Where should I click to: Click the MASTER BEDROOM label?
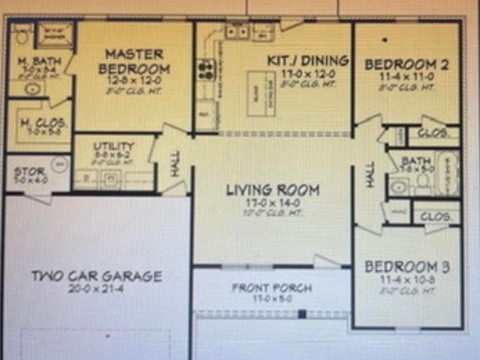click(x=134, y=61)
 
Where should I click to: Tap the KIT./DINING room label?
click(x=307, y=61)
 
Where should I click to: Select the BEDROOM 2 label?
click(x=406, y=64)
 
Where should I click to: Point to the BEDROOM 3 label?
click(x=407, y=266)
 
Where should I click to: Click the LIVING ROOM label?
click(x=272, y=190)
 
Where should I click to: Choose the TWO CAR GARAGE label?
click(x=96, y=276)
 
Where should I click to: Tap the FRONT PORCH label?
click(x=272, y=288)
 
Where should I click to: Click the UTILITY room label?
click(x=113, y=146)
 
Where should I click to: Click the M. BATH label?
click(x=39, y=61)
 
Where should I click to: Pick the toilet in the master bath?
click(x=22, y=36)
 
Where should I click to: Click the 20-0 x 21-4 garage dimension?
click(x=96, y=288)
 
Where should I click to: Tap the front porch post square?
click(x=301, y=314)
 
